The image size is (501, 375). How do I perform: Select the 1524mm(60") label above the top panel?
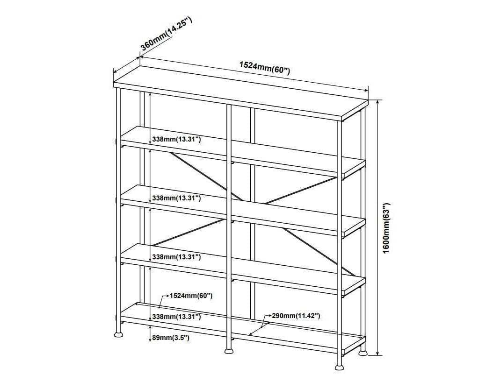point(265,68)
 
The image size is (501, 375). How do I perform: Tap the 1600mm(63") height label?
point(386,228)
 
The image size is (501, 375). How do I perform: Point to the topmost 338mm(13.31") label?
point(176,139)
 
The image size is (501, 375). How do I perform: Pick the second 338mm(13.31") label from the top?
point(176,198)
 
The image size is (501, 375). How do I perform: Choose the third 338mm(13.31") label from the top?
point(176,257)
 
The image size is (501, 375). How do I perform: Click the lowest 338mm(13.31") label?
point(176,317)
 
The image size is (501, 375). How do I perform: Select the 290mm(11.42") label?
point(296,316)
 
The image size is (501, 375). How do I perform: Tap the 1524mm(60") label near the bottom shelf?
point(191,296)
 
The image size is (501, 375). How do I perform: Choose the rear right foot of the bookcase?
point(363,354)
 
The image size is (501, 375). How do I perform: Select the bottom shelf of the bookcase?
point(243,327)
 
